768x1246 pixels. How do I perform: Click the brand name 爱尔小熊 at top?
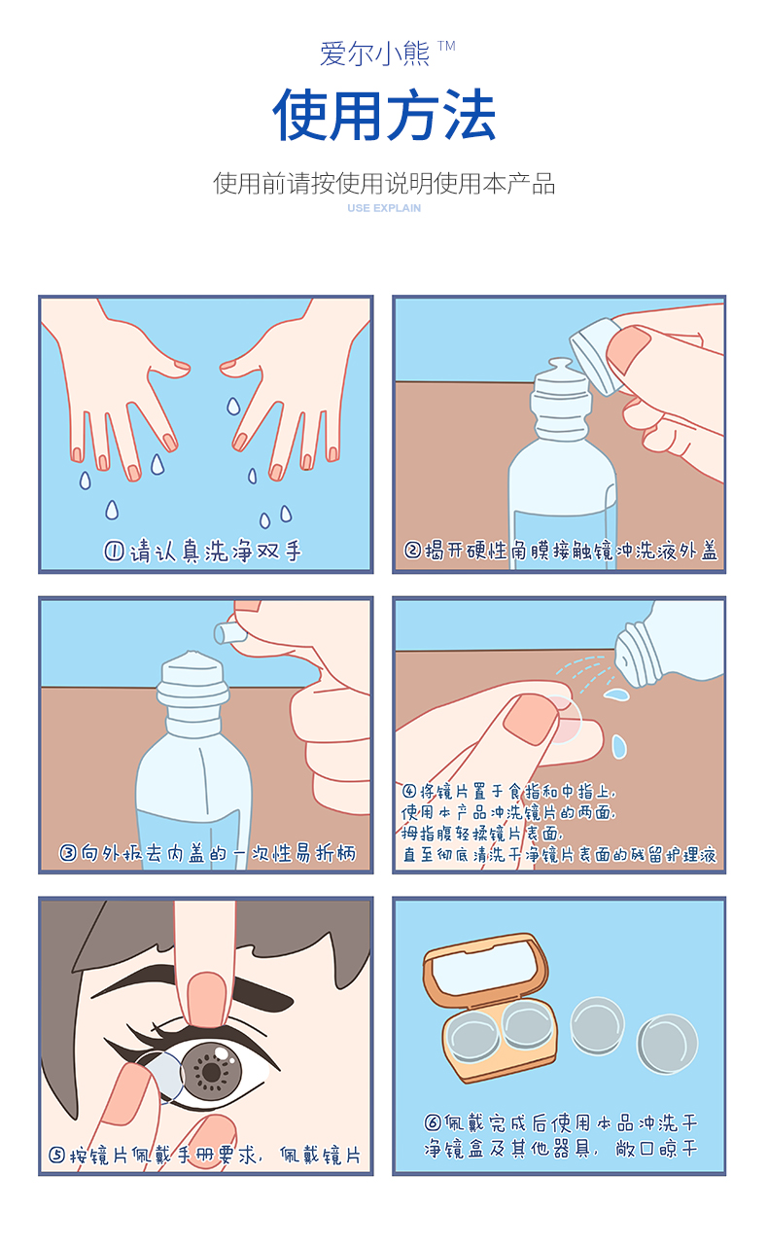[374, 53]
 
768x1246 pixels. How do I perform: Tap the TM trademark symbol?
[446, 46]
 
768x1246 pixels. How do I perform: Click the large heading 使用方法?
[384, 114]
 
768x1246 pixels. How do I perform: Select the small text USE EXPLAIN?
[384, 208]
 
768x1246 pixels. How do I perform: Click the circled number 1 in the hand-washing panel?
[114, 552]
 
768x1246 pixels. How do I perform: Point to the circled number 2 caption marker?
[412, 551]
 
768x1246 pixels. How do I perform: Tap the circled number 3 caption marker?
[68, 853]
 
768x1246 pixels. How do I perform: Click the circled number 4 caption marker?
[409, 791]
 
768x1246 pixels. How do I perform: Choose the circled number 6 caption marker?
[433, 1121]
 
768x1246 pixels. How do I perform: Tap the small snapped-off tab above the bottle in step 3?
[227, 633]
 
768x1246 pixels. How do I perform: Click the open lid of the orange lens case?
[485, 969]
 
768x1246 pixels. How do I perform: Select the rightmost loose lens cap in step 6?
[667, 1043]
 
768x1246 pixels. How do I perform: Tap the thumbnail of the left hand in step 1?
[181, 366]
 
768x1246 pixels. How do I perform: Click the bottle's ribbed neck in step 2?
[561, 409]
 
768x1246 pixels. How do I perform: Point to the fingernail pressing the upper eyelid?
[207, 999]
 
